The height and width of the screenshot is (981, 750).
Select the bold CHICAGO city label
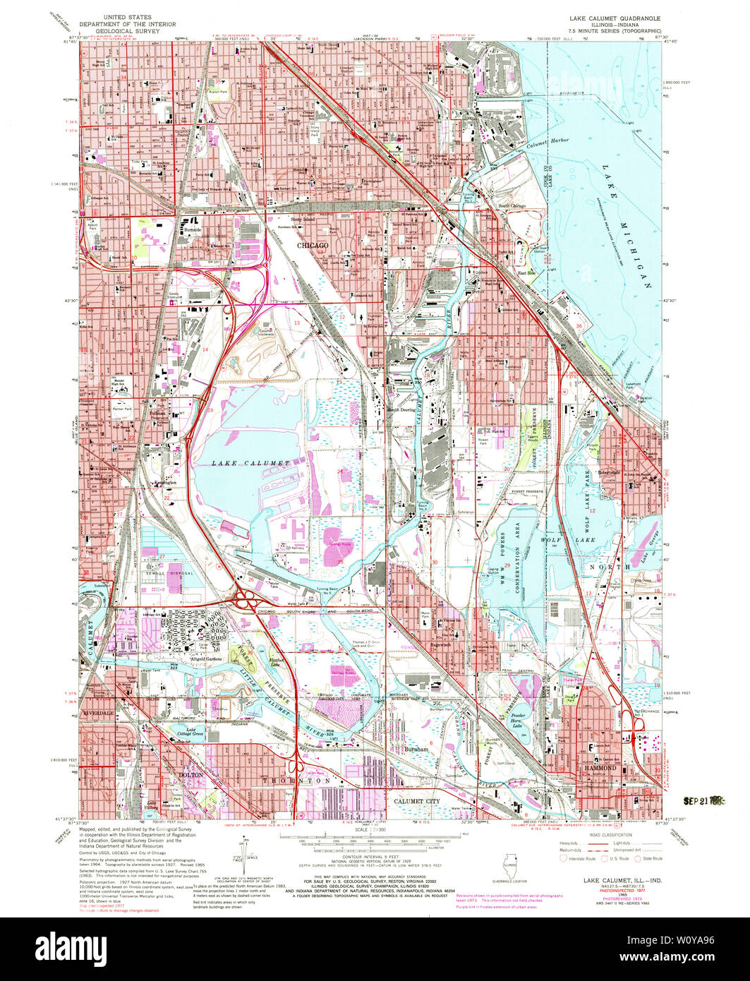click(x=313, y=245)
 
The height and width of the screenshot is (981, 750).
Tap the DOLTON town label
click(x=190, y=774)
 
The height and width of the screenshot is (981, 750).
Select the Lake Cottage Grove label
click(x=189, y=733)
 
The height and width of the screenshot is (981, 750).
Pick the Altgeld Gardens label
click(x=202, y=659)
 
